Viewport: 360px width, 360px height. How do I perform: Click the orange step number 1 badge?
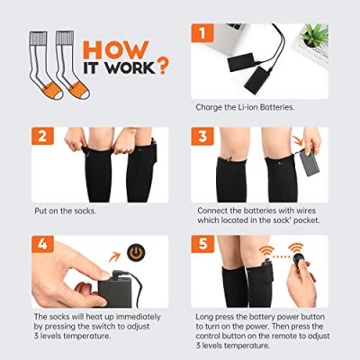click(202, 33)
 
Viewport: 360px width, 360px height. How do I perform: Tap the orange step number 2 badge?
click(42, 136)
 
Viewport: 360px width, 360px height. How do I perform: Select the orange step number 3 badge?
click(202, 136)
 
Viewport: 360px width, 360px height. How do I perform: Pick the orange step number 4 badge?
click(42, 244)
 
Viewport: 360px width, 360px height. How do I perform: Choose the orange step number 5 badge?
click(202, 244)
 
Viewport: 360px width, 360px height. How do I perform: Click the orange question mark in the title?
click(162, 66)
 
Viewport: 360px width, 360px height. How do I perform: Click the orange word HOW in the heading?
click(116, 49)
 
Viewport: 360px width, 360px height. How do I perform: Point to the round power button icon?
click(136, 253)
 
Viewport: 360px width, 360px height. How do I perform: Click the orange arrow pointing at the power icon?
click(114, 257)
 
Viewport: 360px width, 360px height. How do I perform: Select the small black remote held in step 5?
click(299, 259)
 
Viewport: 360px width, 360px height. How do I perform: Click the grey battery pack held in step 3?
click(309, 163)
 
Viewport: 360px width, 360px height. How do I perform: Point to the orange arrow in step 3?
click(298, 140)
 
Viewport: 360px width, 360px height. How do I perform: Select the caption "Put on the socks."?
click(66, 211)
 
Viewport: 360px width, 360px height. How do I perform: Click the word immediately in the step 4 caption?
click(139, 317)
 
